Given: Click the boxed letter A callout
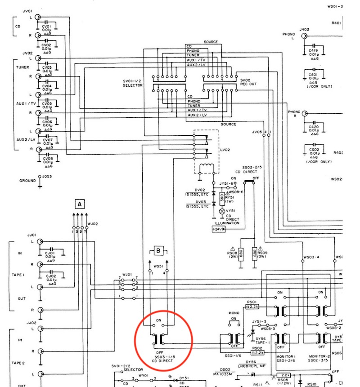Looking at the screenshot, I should pos(80,204).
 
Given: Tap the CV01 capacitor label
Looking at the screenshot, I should pos(46,26).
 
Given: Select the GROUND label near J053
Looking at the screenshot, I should pos(27,181).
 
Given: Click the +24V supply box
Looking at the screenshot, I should pos(218,229).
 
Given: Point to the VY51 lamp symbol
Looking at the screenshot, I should pos(221,210).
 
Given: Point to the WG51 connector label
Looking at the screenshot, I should pos(158,267).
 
